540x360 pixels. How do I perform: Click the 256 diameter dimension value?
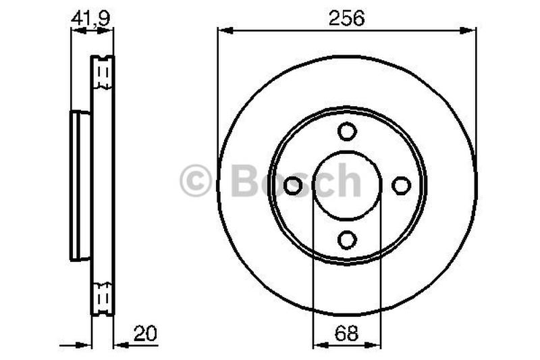(x=346, y=18)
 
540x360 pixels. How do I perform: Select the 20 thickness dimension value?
(x=145, y=333)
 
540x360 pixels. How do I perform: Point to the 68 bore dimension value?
(x=346, y=333)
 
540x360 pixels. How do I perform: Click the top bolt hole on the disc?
(x=347, y=131)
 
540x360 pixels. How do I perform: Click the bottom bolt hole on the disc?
(x=347, y=240)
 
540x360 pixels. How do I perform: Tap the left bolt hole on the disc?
(x=293, y=185)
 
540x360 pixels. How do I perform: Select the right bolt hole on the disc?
(x=401, y=185)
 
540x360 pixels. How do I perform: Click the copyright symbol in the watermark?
(x=195, y=180)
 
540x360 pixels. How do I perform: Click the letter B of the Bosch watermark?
(x=245, y=180)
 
